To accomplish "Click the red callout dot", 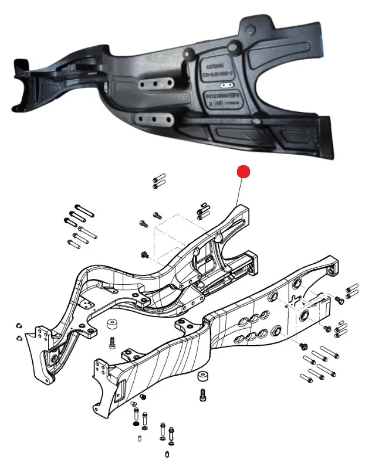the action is tap(243, 172).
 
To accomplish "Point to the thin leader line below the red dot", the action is tap(241, 191).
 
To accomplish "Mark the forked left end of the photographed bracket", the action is tap(23, 82).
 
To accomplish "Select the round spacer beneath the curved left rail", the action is tap(110, 325).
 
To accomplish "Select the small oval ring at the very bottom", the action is tap(168, 455).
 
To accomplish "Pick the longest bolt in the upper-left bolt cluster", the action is tap(82, 212).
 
